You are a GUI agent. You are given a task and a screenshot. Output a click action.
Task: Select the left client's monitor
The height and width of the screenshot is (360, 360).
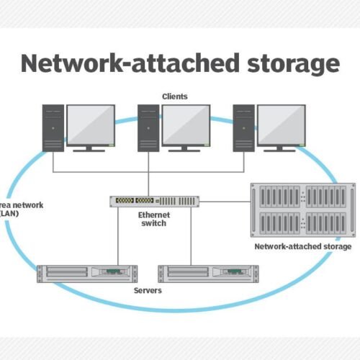90,125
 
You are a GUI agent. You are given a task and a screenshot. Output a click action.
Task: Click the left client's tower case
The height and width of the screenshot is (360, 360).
53,127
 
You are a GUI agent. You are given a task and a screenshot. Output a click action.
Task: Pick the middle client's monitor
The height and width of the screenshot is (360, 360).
186,125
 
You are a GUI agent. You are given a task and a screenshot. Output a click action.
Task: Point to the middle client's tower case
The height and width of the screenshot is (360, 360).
148,127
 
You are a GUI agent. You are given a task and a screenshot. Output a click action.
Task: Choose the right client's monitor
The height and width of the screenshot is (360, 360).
282,125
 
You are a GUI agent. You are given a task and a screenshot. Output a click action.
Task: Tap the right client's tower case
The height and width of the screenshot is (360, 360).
243,127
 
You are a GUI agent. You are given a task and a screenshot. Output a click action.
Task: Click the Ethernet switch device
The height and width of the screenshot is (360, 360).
154,201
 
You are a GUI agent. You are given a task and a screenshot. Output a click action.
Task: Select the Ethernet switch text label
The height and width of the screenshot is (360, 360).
153,219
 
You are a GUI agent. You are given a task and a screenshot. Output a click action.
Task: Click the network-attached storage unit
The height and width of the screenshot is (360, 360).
302,210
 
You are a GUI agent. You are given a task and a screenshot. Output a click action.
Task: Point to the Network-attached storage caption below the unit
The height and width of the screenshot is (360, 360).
302,246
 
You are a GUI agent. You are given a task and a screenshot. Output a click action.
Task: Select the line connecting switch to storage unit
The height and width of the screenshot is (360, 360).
224,201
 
